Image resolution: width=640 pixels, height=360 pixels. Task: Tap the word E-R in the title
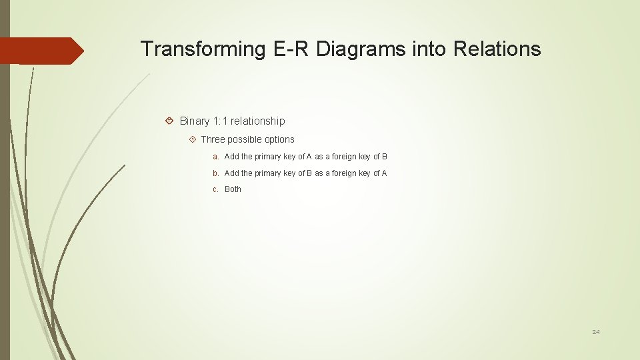[291, 49]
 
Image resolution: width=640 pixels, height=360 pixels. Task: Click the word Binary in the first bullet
[195, 121]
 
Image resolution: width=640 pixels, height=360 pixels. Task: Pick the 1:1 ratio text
[220, 121]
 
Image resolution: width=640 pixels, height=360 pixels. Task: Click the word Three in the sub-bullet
[213, 139]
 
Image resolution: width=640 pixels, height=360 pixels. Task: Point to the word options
[278, 139]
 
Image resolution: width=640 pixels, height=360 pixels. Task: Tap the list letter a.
[215, 157]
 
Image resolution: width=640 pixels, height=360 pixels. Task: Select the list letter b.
[215, 173]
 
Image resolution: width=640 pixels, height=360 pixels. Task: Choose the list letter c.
[215, 189]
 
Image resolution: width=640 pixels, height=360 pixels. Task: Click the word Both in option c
[233, 189]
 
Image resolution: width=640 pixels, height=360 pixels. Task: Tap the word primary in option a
[269, 157]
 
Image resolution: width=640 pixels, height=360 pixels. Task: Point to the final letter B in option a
[385, 157]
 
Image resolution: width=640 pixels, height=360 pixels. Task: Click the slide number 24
[596, 332]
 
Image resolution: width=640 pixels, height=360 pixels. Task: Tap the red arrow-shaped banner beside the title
[41, 51]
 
